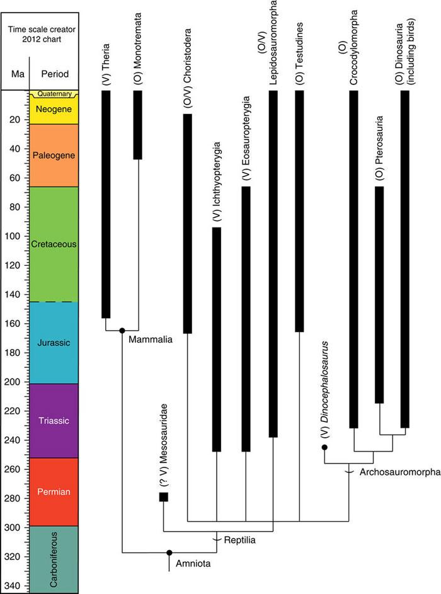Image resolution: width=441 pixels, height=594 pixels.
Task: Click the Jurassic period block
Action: coord(54,343)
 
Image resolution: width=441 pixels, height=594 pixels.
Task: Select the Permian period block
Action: coord(54,492)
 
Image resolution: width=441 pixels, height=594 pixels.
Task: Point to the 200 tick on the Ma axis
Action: coord(16,382)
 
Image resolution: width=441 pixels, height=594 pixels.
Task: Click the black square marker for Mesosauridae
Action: coord(164,497)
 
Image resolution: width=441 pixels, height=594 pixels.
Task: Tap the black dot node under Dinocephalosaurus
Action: coord(324,447)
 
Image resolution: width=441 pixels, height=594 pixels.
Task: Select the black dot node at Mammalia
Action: coord(122,330)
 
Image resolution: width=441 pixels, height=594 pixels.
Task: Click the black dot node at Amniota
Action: coord(169,552)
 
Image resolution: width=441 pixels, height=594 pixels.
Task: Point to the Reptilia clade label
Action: coord(241,540)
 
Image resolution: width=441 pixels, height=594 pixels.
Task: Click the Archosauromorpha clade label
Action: coord(399,472)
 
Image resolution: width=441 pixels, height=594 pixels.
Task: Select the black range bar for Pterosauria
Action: coord(379,294)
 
